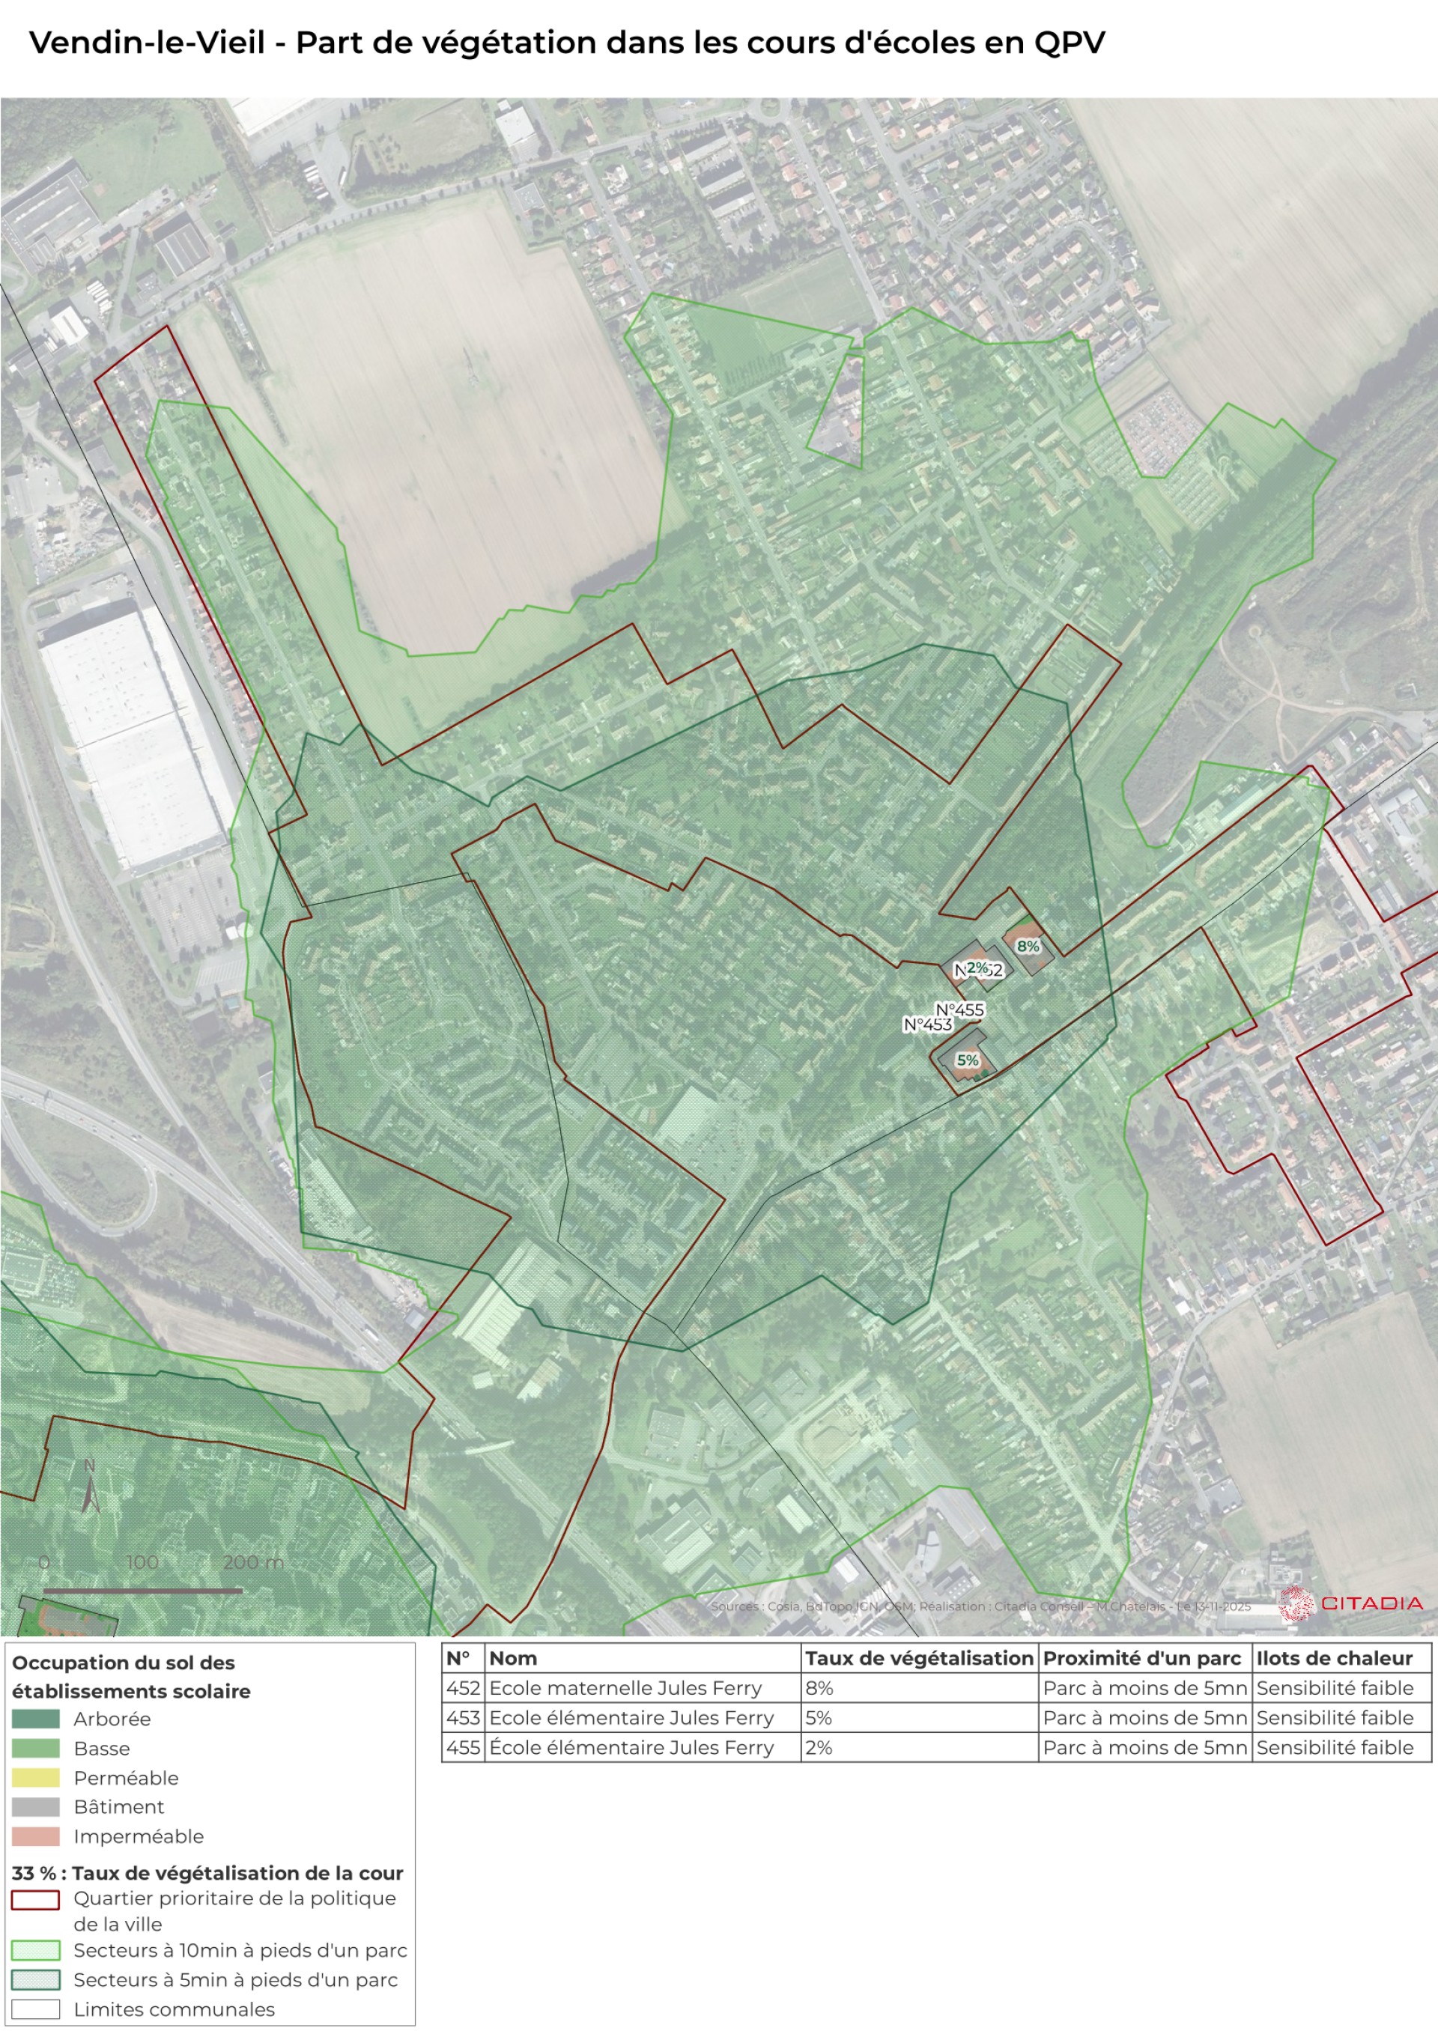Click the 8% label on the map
point(1027,946)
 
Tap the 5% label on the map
point(968,1060)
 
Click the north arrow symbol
point(89,1491)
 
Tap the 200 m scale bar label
point(252,1562)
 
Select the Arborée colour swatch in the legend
point(35,1719)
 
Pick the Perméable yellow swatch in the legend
point(35,1778)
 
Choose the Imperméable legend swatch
point(35,1836)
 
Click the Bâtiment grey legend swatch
point(35,1807)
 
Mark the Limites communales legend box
point(35,2009)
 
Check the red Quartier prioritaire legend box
point(35,1900)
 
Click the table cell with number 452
point(463,1687)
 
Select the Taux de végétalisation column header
point(919,1658)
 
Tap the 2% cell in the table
point(819,1747)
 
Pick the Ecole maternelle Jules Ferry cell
point(625,1687)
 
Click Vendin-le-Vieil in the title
point(147,43)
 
